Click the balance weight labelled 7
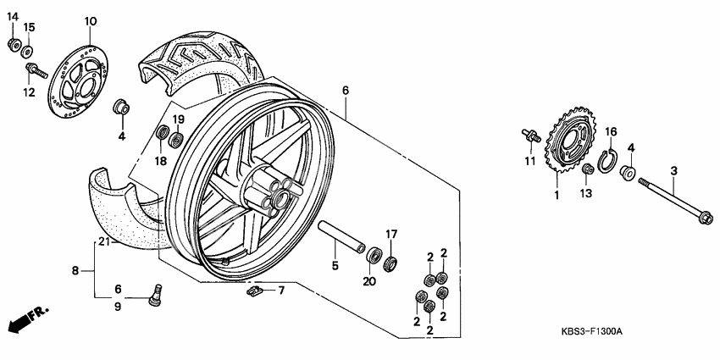point(252,291)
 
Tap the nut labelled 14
point(13,43)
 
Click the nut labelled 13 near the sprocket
point(585,172)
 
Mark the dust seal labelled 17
point(390,260)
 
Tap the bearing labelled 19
point(176,139)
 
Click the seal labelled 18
point(160,133)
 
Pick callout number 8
point(75,271)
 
